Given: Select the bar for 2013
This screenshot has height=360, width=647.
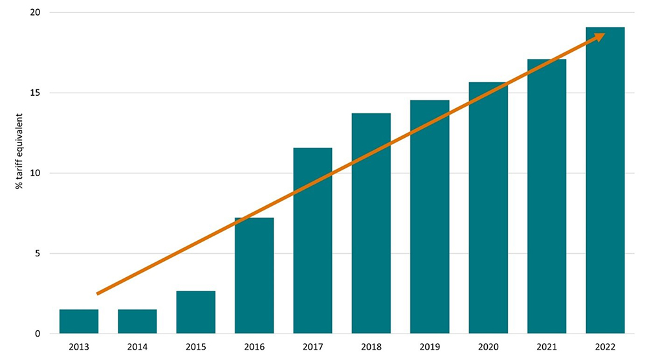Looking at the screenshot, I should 79,322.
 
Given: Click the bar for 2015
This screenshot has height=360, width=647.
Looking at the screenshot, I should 195,313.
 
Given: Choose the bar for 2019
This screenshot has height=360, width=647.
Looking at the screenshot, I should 430,217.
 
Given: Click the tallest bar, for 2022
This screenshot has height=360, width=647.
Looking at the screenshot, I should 605,181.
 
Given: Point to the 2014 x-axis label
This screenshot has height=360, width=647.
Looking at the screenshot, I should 137,347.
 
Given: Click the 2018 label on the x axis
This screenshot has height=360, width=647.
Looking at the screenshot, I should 371,347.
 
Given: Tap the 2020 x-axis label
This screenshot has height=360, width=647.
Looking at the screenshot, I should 488,347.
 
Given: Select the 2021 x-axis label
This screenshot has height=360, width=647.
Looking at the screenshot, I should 547,347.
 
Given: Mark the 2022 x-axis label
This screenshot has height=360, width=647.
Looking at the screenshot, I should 605,347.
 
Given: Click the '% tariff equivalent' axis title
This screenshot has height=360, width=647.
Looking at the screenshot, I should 20,151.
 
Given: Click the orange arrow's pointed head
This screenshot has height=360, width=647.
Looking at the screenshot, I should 600,37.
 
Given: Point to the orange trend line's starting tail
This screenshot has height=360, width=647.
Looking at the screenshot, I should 98,293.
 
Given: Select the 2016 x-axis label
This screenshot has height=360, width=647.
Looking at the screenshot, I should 254,347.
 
